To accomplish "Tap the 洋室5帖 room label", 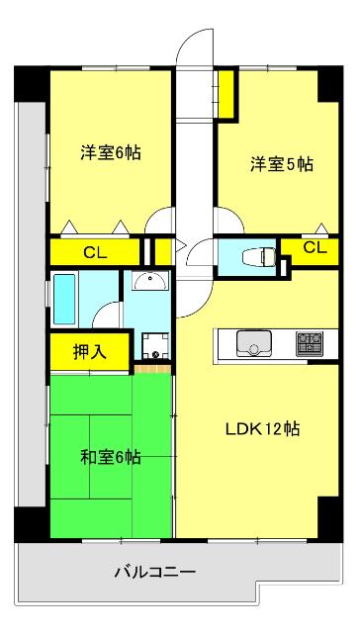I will point(281,164).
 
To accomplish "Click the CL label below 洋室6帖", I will point(95,251).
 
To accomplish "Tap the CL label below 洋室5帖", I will point(314,247).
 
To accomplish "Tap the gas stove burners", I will point(310,343).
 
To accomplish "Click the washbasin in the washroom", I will point(149,281).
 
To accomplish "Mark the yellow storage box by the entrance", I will point(226,91).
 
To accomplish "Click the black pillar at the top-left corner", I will point(31,83).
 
